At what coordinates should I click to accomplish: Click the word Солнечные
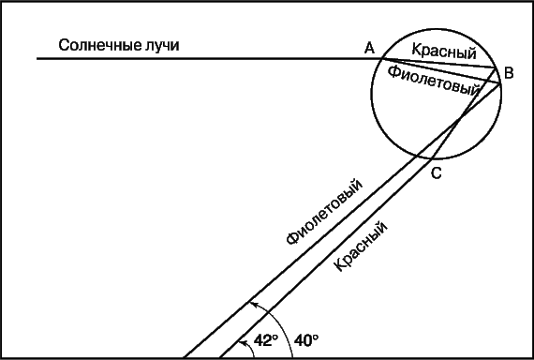pyautogui.click(x=100, y=45)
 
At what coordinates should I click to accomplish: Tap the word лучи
pyautogui.click(x=163, y=45)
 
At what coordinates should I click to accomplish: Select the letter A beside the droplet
pyautogui.click(x=369, y=48)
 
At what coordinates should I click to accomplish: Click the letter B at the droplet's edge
pyautogui.click(x=509, y=73)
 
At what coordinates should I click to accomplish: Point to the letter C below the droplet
pyautogui.click(x=437, y=173)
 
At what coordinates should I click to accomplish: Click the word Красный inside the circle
pyautogui.click(x=444, y=52)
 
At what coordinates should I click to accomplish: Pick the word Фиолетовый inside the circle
pyautogui.click(x=434, y=81)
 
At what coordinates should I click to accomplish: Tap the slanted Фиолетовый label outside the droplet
pyautogui.click(x=324, y=211)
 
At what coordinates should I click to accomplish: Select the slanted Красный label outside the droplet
pyautogui.click(x=361, y=247)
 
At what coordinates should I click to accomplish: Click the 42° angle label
pyautogui.click(x=266, y=340)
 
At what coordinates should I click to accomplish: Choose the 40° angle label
pyautogui.click(x=306, y=340)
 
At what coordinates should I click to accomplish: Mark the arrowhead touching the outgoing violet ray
pyautogui.click(x=252, y=304)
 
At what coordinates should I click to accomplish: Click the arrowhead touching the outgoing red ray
pyautogui.click(x=242, y=342)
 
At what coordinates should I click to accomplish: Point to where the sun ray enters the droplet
pyautogui.click(x=381, y=59)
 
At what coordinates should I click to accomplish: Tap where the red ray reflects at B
pyautogui.click(x=496, y=68)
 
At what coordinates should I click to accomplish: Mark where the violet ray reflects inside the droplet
pyautogui.click(x=500, y=83)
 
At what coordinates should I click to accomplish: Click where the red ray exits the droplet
pyautogui.click(x=432, y=158)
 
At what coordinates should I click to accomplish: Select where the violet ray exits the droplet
pyautogui.click(x=417, y=157)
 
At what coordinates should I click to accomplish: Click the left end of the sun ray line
pyautogui.click(x=37, y=59)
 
